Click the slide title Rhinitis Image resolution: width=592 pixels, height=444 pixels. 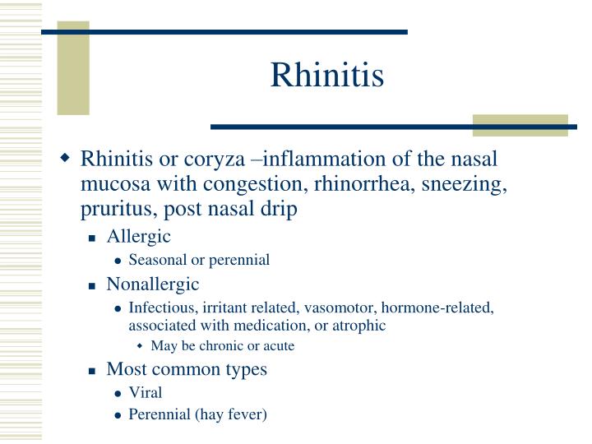click(x=327, y=76)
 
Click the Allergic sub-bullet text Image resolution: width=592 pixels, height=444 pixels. click(x=138, y=237)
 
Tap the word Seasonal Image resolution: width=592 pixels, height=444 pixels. click(x=158, y=260)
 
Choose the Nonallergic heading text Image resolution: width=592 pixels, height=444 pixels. click(x=153, y=284)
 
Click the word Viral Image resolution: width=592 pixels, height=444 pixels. click(x=146, y=391)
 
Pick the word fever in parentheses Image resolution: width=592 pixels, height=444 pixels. click(x=247, y=414)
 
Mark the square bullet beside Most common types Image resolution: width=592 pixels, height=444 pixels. click(x=94, y=371)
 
